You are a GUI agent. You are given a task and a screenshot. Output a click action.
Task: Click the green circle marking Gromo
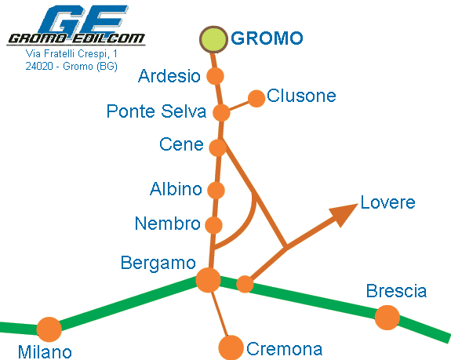[x=214, y=39]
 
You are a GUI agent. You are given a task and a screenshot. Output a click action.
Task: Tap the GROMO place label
[x=267, y=38]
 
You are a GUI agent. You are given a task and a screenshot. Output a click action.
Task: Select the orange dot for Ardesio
[x=215, y=76]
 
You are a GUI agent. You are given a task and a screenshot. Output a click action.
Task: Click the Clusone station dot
[x=256, y=98]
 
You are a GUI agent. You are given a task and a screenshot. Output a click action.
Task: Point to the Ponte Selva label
[x=156, y=111]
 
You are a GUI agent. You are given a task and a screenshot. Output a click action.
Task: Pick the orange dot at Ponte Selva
[x=221, y=112]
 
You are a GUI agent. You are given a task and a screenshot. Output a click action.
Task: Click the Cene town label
[x=181, y=144]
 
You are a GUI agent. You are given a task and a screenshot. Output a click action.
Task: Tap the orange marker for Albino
[x=216, y=190]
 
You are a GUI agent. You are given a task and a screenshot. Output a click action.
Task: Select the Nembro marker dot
[x=213, y=225]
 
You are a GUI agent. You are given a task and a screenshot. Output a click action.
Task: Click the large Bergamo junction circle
[x=208, y=280]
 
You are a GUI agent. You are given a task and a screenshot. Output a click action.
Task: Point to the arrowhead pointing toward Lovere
[x=343, y=214]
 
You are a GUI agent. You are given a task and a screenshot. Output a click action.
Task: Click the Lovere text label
[x=387, y=202]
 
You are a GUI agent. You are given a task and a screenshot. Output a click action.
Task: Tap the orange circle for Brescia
[x=387, y=318]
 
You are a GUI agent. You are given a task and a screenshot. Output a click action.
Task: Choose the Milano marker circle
[x=49, y=329]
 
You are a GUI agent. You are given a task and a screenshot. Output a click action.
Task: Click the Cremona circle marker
[x=231, y=347]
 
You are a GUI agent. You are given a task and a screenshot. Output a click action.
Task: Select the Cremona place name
[x=285, y=349]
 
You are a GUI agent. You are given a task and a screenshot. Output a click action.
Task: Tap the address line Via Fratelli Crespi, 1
[x=71, y=54]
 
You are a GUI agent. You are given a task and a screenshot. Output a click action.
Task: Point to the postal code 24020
[x=39, y=67]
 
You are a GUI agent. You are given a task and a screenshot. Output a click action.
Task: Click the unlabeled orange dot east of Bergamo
[x=245, y=284]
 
